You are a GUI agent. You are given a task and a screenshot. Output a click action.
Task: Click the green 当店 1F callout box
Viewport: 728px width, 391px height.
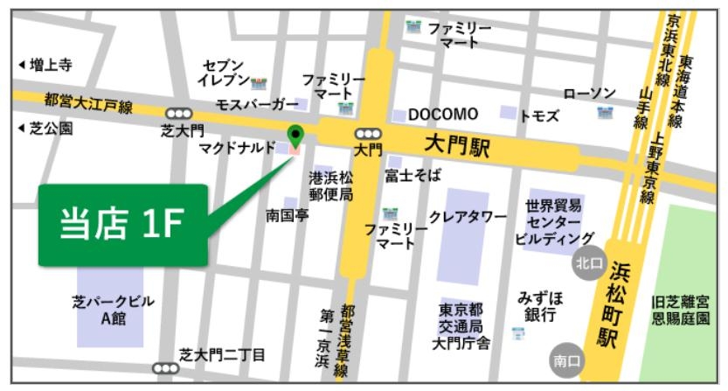pyautogui.click(x=122, y=225)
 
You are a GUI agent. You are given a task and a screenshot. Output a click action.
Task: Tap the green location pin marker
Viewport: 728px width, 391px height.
pyautogui.click(x=295, y=135)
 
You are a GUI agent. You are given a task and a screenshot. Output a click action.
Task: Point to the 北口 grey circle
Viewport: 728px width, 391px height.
pyautogui.click(x=586, y=262)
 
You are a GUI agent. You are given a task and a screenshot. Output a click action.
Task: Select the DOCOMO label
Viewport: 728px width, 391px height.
pyautogui.click(x=443, y=115)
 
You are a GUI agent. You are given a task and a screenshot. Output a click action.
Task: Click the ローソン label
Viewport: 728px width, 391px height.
pyautogui.click(x=590, y=94)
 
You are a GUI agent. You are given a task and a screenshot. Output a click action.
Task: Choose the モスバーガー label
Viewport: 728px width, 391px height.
pyautogui.click(x=257, y=105)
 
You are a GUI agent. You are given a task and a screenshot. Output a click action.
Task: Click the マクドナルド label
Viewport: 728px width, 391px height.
pyautogui.click(x=237, y=147)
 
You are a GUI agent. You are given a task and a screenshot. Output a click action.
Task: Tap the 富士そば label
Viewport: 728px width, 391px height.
pyautogui.click(x=413, y=176)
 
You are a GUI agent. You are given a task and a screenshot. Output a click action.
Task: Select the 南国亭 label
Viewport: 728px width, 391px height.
pyautogui.click(x=287, y=215)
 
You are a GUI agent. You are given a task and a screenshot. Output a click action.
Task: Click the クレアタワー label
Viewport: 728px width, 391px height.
pyautogui.click(x=468, y=216)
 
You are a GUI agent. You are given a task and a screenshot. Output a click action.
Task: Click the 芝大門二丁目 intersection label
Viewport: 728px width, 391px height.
pyautogui.click(x=222, y=354)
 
